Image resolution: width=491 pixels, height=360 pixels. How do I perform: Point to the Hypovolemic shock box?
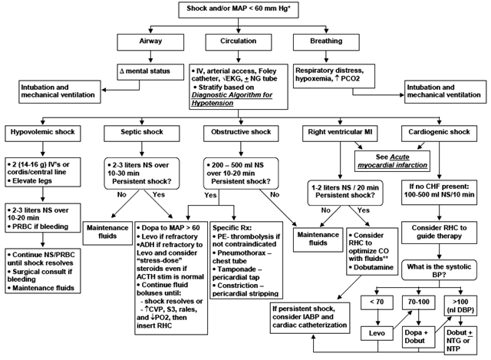[40, 132]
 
